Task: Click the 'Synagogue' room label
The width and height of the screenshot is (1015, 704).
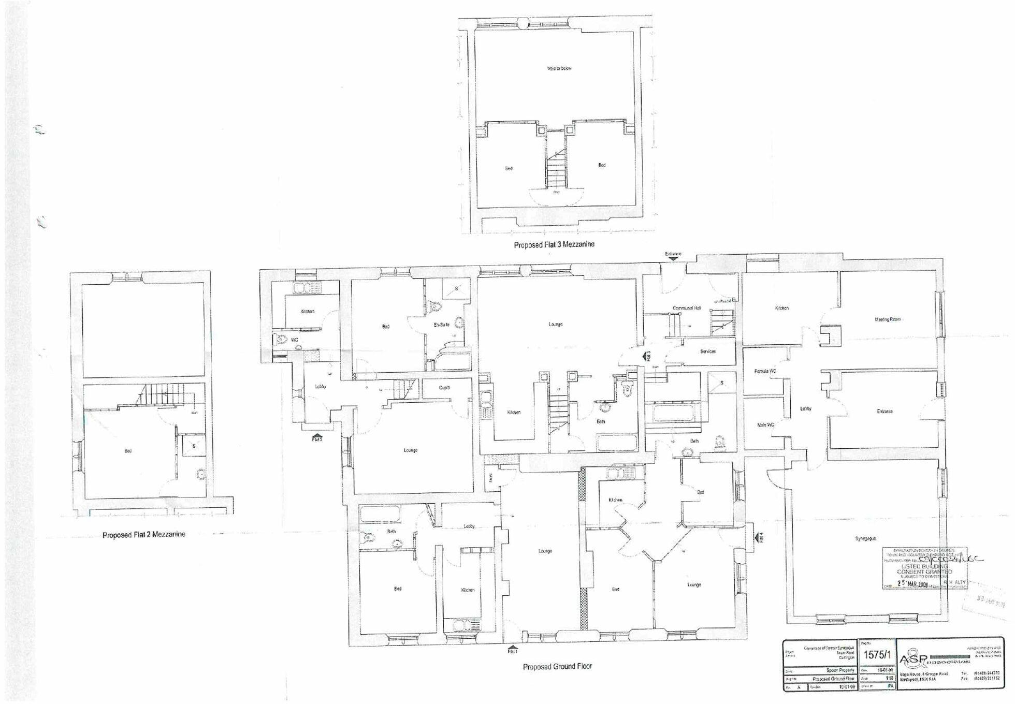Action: [x=865, y=538]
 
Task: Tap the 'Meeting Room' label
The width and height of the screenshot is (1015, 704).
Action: [x=888, y=319]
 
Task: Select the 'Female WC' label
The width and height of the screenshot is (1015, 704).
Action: [x=765, y=371]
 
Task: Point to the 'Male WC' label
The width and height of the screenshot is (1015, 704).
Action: [x=765, y=425]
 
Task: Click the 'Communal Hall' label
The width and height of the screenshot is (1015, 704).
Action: [x=686, y=308]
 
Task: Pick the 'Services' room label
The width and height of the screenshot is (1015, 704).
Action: [x=707, y=351]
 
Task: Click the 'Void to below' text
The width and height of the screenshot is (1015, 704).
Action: [x=559, y=68]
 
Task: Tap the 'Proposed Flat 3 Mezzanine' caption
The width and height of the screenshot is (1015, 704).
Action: [x=554, y=245]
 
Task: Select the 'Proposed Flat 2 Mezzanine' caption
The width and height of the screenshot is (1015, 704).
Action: [x=143, y=535]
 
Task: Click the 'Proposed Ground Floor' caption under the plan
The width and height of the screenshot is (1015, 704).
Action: [x=557, y=667]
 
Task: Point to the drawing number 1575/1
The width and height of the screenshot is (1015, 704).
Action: [x=877, y=655]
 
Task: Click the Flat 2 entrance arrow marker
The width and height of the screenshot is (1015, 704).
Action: [x=317, y=436]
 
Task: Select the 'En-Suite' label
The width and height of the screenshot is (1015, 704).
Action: [x=441, y=325]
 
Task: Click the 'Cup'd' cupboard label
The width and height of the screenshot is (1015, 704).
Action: [x=444, y=387]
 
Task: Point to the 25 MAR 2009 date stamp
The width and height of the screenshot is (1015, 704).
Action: [x=913, y=583]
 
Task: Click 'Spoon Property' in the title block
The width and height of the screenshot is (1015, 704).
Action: [x=840, y=670]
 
